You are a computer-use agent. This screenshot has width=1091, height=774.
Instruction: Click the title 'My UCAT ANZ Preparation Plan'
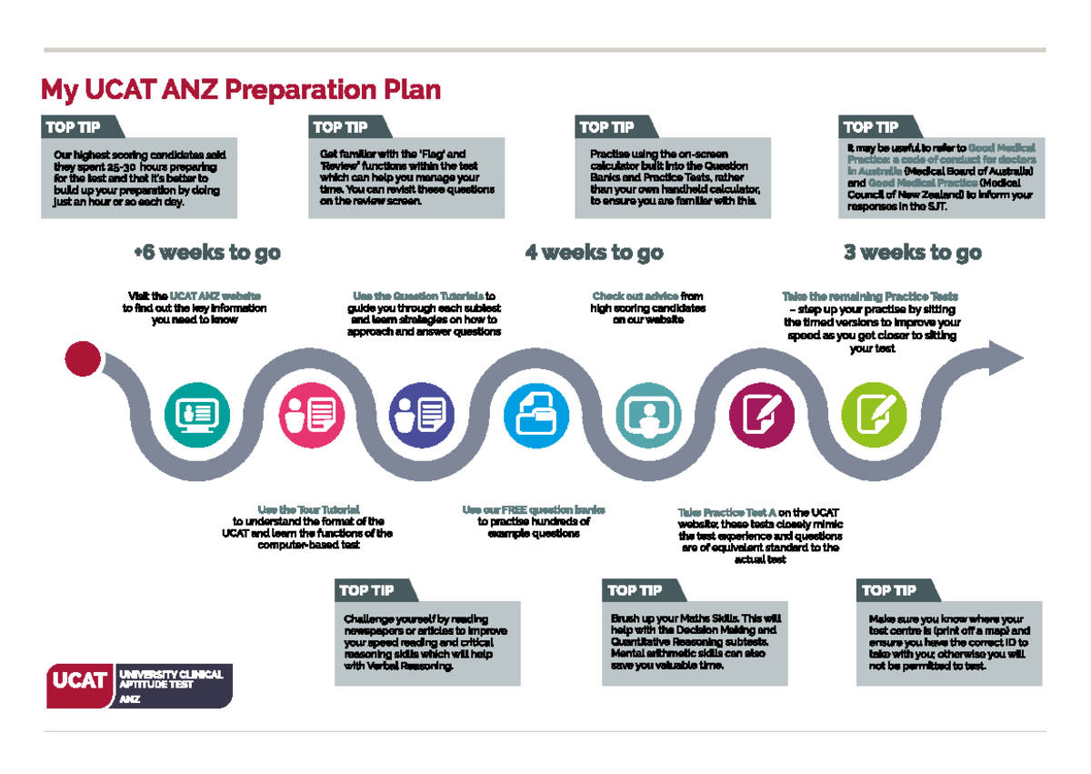[241, 91]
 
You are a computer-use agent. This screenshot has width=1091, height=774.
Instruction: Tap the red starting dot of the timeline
[83, 358]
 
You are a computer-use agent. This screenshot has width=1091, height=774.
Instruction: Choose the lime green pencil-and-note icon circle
[874, 416]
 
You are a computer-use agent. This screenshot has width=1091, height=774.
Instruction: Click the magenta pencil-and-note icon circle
[762, 416]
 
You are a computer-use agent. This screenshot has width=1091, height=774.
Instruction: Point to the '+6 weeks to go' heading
[206, 253]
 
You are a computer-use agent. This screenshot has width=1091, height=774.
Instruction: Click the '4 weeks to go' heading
[594, 253]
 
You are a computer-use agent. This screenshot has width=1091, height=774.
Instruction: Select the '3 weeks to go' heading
[912, 253]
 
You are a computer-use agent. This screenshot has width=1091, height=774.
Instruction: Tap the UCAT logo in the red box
[80, 680]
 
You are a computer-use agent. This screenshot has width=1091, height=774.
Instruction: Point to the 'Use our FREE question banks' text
[533, 509]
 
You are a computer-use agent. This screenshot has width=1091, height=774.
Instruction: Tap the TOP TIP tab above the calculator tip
[606, 127]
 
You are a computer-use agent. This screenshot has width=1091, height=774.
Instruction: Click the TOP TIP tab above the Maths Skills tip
[635, 591]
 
